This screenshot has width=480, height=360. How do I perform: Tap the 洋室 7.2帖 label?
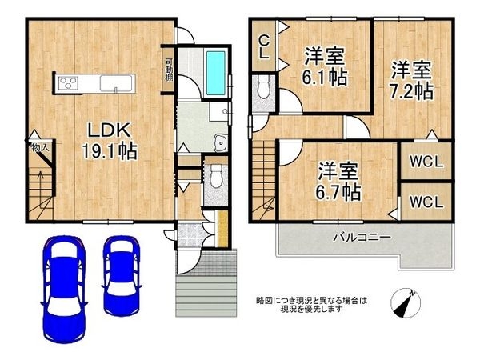click(x=411, y=78)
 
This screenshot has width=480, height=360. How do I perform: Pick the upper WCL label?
click(x=424, y=162)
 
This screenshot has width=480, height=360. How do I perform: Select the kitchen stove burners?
click(x=66, y=82)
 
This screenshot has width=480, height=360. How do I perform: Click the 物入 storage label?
click(x=41, y=147)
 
